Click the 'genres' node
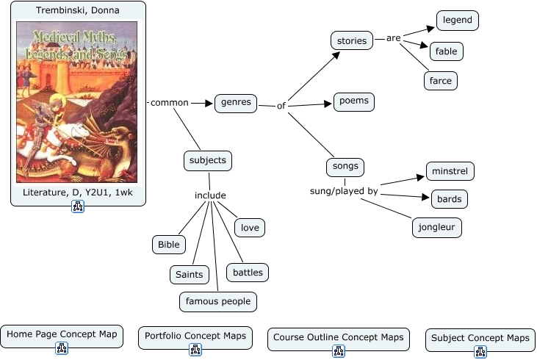pyautogui.click(x=236, y=103)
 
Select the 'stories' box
pyautogui.click(x=352, y=41)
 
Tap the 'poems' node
pyautogui.click(x=354, y=101)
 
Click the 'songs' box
pyautogui.click(x=345, y=166)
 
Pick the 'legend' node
pyautogui.click(x=458, y=21)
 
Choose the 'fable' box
pyautogui.click(x=447, y=51)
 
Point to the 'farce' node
pyautogui.click(x=441, y=80)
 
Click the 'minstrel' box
pyautogui.click(x=450, y=171)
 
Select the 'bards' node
pyautogui.click(x=449, y=198)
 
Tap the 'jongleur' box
pyautogui.click(x=437, y=227)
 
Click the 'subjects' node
pyautogui.click(x=208, y=160)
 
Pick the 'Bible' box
pyautogui.click(x=168, y=244)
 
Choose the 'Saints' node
pyautogui.click(x=190, y=275)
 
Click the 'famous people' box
pyautogui.click(x=218, y=300)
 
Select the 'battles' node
pyautogui.click(x=248, y=273)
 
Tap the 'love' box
pyautogui.click(x=250, y=228)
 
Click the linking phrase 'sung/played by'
pyautogui.click(x=344, y=191)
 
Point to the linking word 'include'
pyautogui.click(x=210, y=195)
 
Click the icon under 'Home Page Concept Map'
pyautogui.click(x=62, y=349)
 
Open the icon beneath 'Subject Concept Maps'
pyautogui.click(x=480, y=352)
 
